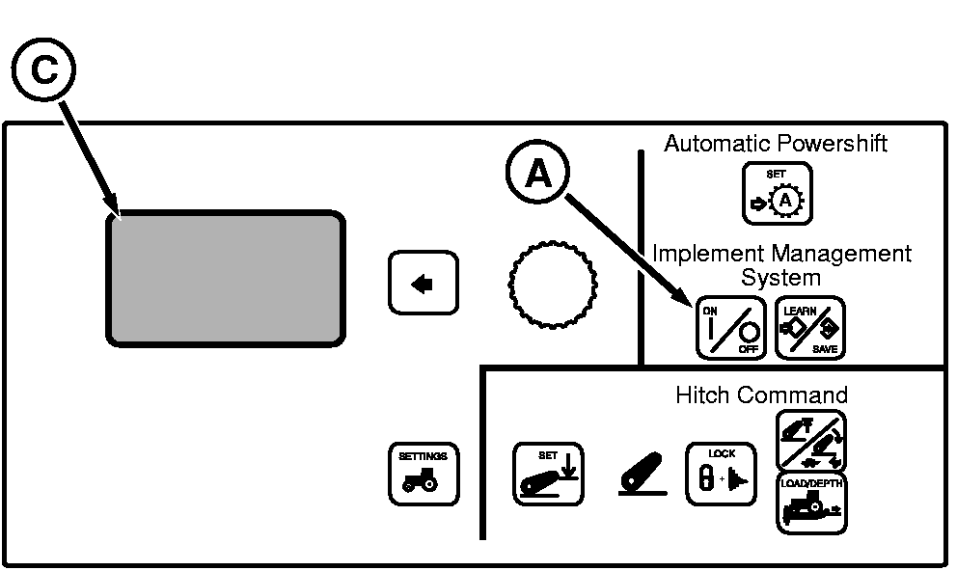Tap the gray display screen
tap(225, 277)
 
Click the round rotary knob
tap(550, 283)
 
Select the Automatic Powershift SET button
tap(777, 194)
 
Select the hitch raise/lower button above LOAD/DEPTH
tap(810, 441)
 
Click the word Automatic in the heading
tap(713, 144)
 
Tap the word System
tap(780, 278)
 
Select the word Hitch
tap(701, 394)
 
